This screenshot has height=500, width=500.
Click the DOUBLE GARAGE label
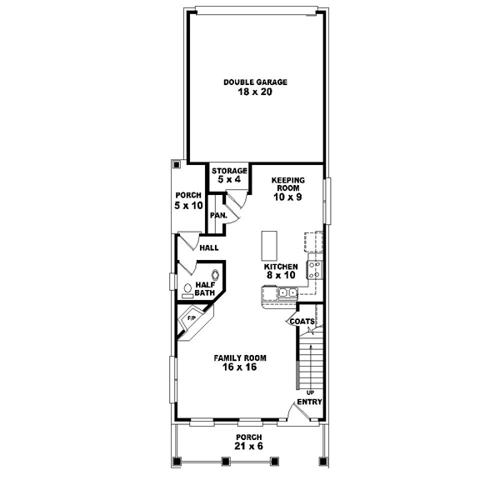255,82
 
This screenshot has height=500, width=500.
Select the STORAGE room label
228,170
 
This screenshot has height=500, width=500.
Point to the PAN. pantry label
218,215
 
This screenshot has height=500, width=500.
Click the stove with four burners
316,269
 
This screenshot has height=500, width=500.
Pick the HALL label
208,248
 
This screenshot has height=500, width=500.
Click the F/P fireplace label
191,318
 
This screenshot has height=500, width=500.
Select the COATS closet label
301,321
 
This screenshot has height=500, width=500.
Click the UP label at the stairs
310,391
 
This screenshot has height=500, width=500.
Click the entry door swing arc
293,408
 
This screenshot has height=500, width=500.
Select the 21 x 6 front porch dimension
248,447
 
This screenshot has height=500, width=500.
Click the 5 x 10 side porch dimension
188,204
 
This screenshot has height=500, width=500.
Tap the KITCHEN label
280,267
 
